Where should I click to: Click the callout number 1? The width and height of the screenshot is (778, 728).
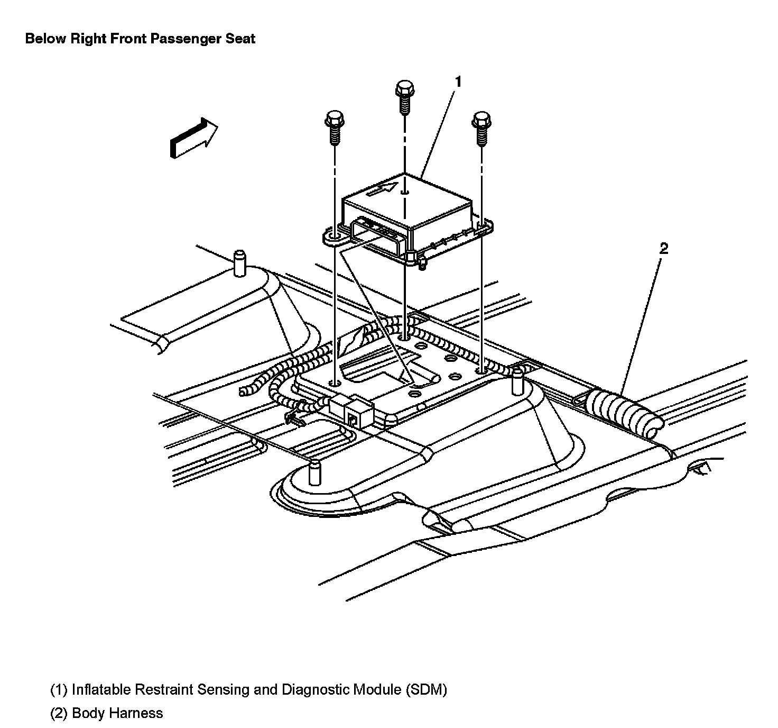pos(458,81)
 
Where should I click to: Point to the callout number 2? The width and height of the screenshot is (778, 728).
pos(664,248)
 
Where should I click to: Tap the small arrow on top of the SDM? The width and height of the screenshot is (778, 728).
pos(382,188)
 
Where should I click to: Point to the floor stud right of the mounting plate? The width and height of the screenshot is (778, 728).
pos(517,383)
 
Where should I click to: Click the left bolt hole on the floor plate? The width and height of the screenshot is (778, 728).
pos(334,383)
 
